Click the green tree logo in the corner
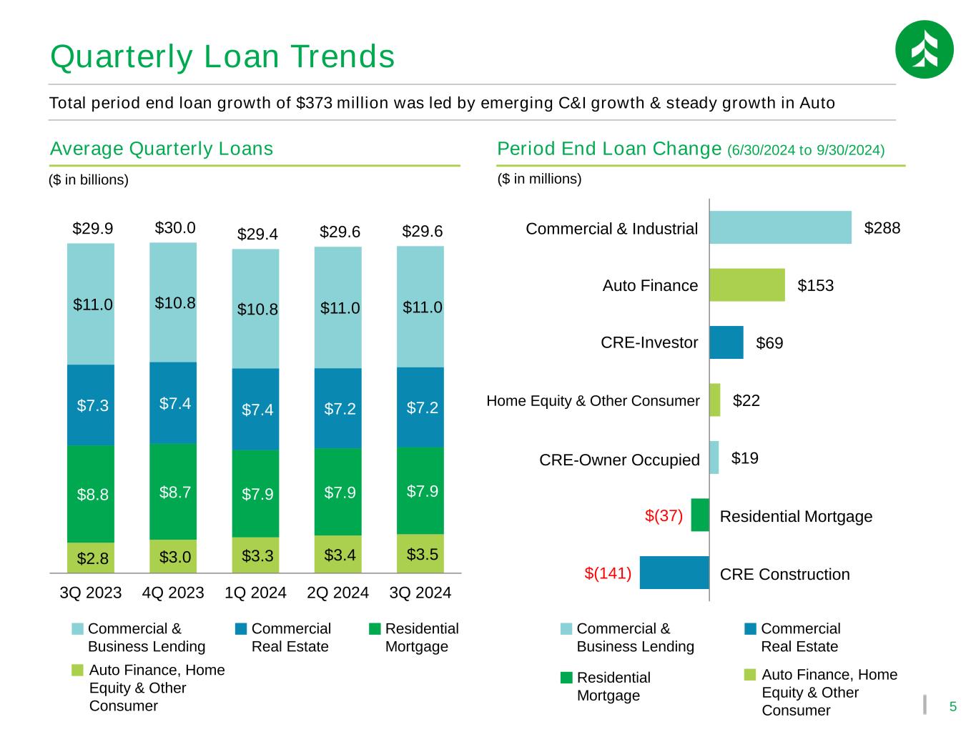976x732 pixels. click(924, 49)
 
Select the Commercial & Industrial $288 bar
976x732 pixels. click(780, 227)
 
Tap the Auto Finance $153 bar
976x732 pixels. click(746, 285)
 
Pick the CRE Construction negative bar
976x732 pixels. click(674, 573)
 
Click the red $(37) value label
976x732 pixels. click(664, 515)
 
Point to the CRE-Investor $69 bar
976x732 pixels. click(726, 342)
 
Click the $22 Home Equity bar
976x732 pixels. click(714, 400)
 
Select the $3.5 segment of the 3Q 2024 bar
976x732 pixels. click(420, 554)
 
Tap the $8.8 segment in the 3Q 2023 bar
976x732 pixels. click(91, 494)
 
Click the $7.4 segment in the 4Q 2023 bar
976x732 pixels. click(173, 403)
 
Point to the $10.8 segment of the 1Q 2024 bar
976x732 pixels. click(255, 309)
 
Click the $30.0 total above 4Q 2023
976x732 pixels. click(175, 228)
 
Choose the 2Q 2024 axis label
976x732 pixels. click(337, 593)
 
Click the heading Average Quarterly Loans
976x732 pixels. click(162, 149)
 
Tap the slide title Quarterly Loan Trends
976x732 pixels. click(222, 57)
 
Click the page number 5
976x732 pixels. click(952, 707)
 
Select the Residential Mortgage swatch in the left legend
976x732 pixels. click(375, 629)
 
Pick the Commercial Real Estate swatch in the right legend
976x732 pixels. click(750, 629)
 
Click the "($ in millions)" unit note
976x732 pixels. click(539, 179)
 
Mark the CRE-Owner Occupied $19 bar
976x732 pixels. click(714, 457)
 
